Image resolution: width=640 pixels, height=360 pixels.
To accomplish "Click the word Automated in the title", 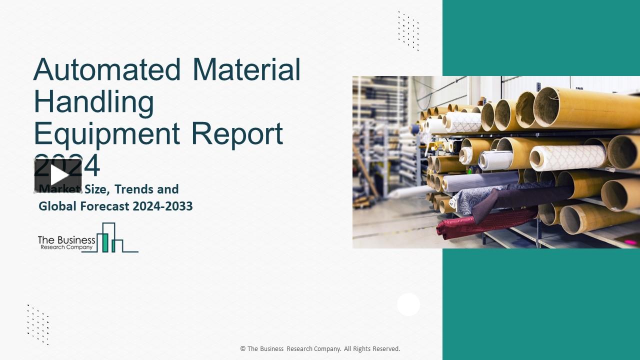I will click(x=107, y=70).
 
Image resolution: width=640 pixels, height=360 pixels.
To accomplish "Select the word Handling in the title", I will click(x=93, y=102).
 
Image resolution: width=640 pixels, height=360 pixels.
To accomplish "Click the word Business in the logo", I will click(x=74, y=240).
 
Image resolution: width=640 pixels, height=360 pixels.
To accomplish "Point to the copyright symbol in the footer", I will click(x=243, y=349).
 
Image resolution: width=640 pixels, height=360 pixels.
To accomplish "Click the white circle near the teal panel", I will click(x=408, y=304).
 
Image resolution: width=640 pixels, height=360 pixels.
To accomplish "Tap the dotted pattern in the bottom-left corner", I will click(x=38, y=324).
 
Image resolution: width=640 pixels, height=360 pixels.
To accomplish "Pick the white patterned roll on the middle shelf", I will click(x=567, y=157).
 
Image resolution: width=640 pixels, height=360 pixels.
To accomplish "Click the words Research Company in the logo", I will click(x=65, y=247).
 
